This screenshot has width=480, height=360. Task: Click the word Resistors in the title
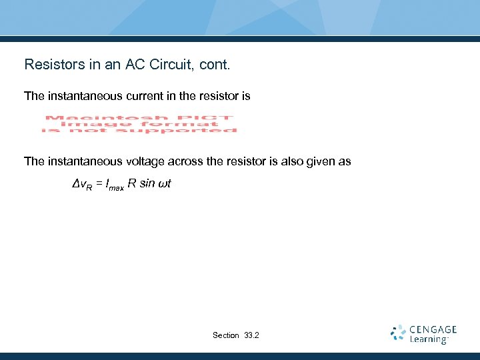click(50, 65)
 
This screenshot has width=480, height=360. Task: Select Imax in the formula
click(113, 184)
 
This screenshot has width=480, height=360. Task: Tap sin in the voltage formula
click(147, 183)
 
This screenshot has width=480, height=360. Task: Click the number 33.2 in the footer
click(252, 335)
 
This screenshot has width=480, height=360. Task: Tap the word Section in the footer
click(226, 335)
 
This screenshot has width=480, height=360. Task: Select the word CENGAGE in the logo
click(433, 329)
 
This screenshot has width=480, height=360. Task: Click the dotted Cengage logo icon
click(398, 333)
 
